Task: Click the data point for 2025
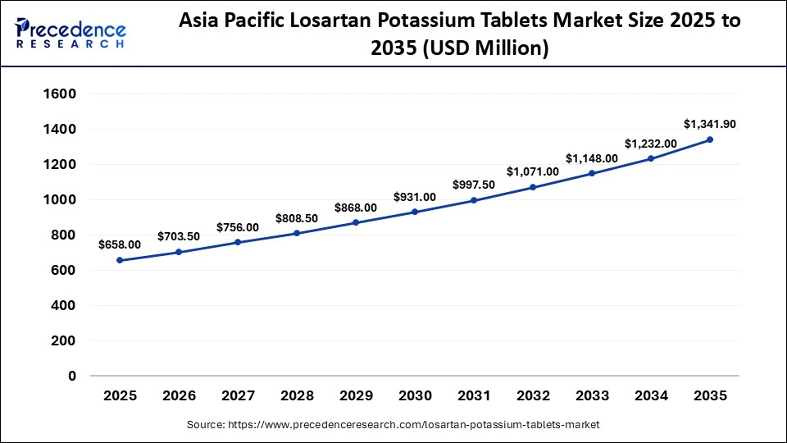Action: pyautogui.click(x=120, y=260)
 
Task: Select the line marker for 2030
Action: pyautogui.click(x=415, y=212)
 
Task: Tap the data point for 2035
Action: pyautogui.click(x=710, y=139)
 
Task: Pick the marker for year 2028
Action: pyautogui.click(x=297, y=233)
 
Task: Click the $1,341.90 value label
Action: pyautogui.click(x=710, y=124)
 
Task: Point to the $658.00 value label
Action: pyautogui.click(x=120, y=244)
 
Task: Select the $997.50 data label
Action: pyautogui.click(x=474, y=185)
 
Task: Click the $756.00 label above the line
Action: pyautogui.click(x=238, y=227)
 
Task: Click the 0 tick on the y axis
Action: pyautogui.click(x=72, y=377)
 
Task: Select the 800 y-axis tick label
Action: pyautogui.click(x=63, y=235)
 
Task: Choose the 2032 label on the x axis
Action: pyautogui.click(x=533, y=396)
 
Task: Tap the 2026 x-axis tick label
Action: pyautogui.click(x=179, y=396)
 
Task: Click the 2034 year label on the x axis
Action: pyautogui.click(x=651, y=396)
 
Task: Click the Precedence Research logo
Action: pyautogui.click(x=71, y=33)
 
